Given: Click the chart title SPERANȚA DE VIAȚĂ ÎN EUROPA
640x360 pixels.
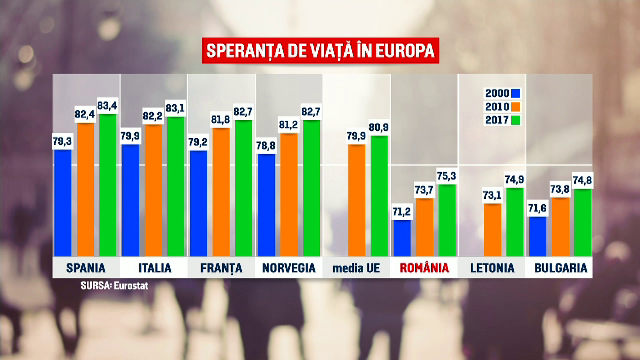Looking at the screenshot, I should click(x=320, y=50).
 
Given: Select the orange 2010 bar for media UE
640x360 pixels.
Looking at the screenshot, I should click(x=356, y=200).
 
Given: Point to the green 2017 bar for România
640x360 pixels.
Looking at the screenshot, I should click(x=447, y=220).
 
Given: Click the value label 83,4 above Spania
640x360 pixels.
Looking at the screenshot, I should click(x=108, y=105).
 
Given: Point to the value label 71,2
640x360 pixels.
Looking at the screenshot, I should click(x=402, y=212).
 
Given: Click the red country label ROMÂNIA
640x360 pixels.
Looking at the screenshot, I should click(x=424, y=268).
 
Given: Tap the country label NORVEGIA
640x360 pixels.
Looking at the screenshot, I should click(x=289, y=268).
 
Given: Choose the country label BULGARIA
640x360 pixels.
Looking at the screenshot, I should click(x=560, y=268).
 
